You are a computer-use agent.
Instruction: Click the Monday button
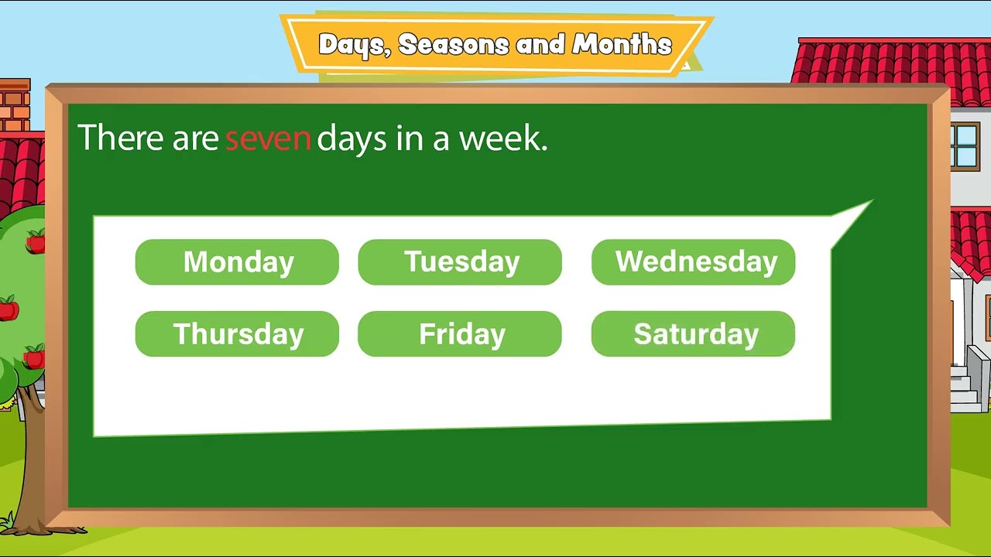click(x=237, y=262)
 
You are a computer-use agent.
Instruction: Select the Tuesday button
click(x=460, y=262)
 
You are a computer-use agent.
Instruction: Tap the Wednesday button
click(x=693, y=262)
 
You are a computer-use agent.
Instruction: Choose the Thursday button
click(x=237, y=334)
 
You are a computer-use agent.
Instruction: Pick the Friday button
click(x=460, y=334)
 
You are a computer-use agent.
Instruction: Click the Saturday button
click(x=693, y=334)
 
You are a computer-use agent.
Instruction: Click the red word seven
click(x=268, y=138)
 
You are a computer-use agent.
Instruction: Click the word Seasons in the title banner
click(x=454, y=45)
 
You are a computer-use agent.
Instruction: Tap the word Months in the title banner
click(x=622, y=44)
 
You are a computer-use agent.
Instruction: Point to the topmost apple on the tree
click(x=36, y=242)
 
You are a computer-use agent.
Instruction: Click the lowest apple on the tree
click(x=34, y=357)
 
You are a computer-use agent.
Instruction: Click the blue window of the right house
click(x=965, y=145)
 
